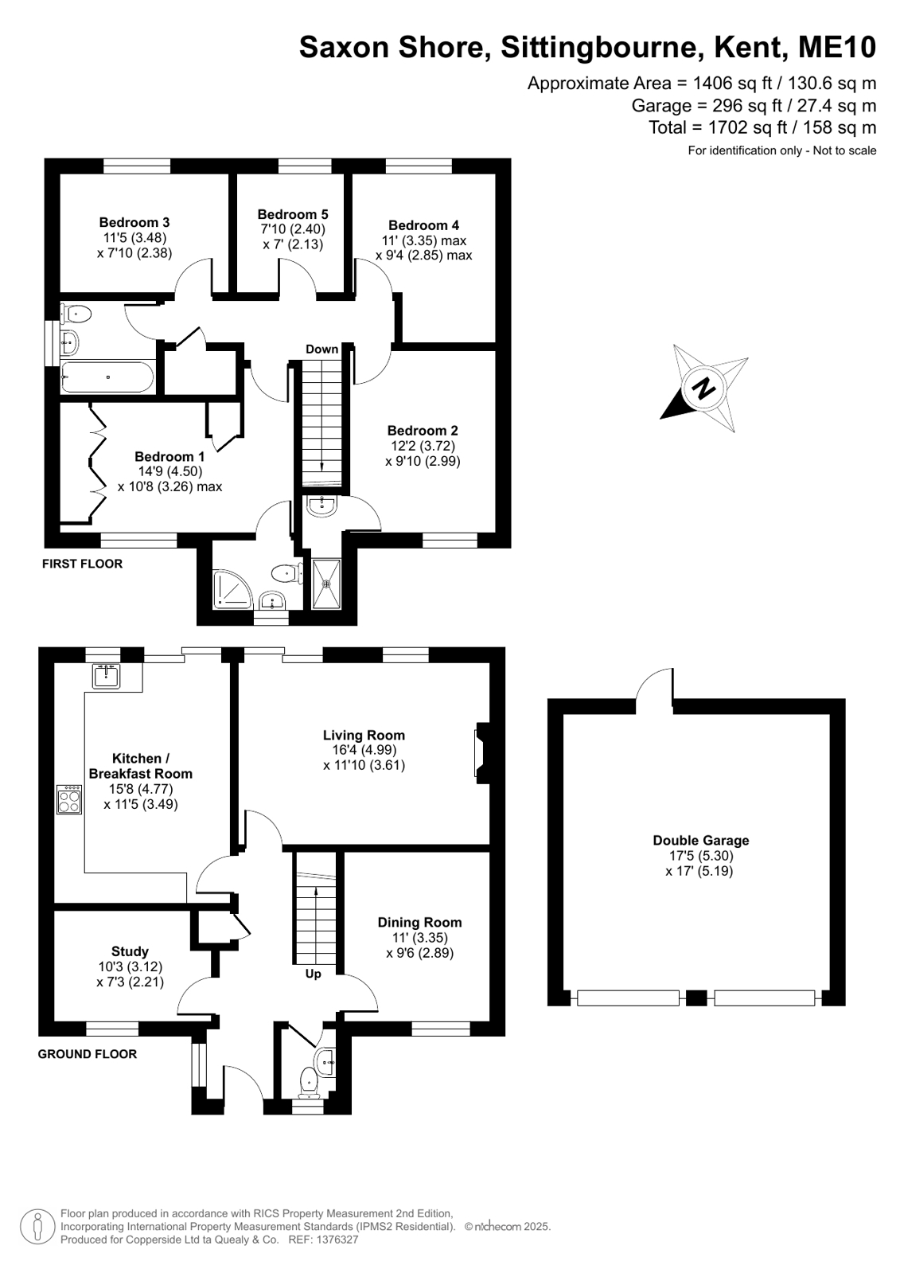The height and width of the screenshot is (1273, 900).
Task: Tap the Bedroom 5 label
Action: (293, 214)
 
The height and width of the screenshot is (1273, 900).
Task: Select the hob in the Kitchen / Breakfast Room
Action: (69, 799)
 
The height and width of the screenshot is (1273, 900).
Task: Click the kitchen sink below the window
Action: (107, 676)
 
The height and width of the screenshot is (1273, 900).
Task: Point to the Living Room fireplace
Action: (481, 753)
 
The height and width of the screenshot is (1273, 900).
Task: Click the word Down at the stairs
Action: (321, 349)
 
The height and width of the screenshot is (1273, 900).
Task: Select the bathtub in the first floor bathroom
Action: (107, 377)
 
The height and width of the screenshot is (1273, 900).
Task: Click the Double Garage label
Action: (700, 841)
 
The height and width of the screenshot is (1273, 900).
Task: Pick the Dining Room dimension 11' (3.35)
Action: (420, 938)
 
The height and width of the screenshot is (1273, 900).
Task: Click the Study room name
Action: (131, 951)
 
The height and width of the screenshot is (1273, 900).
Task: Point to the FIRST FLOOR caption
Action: (83, 564)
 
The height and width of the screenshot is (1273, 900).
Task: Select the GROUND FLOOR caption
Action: (88, 1054)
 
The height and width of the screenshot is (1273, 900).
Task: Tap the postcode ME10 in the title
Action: (837, 47)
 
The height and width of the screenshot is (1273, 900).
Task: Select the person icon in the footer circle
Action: (38, 1228)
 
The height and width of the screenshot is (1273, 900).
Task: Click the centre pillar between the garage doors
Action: (696, 998)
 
